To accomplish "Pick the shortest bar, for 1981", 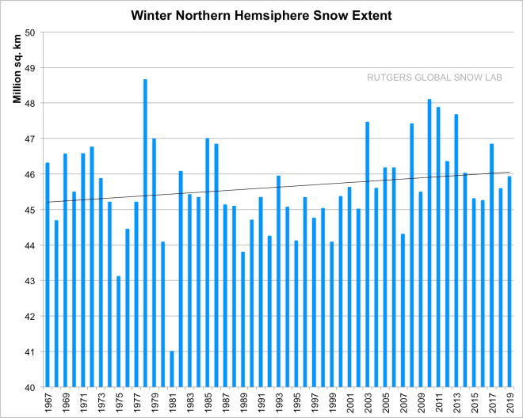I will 172,369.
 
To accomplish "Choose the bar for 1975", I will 119,332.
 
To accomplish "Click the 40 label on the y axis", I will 32,387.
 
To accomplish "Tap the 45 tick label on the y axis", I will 32,210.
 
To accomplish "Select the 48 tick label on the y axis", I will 32,104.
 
